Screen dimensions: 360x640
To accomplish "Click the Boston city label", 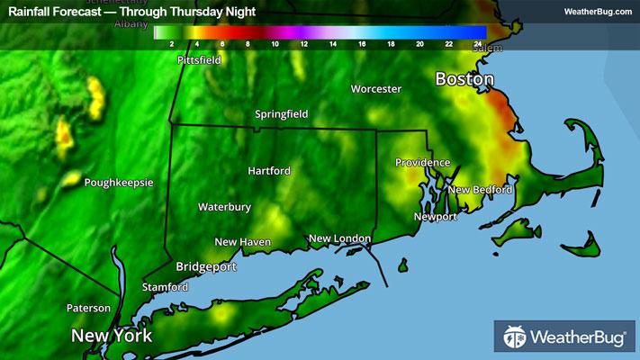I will [464, 79].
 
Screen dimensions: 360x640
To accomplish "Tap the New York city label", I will [112, 336].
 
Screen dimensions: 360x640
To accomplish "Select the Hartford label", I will [269, 170].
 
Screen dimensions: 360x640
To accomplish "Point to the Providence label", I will [422, 162].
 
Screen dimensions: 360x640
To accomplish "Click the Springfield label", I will [281, 114].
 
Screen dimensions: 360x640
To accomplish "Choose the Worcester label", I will [375, 89].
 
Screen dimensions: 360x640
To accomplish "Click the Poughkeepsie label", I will [119, 183].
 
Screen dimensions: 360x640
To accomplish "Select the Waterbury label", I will [224, 207].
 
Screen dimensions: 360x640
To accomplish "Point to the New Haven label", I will [242, 242].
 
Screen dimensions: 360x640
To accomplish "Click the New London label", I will [339, 238].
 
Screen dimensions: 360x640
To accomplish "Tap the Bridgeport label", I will [206, 267].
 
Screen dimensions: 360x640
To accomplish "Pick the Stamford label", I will [165, 287].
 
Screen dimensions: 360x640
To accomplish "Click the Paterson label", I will [88, 308].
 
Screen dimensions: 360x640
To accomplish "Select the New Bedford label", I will [480, 190].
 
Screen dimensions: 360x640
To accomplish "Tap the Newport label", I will [435, 217].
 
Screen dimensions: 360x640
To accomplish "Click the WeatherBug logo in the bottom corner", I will [564, 338].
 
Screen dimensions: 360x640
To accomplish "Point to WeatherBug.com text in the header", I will [598, 12].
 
